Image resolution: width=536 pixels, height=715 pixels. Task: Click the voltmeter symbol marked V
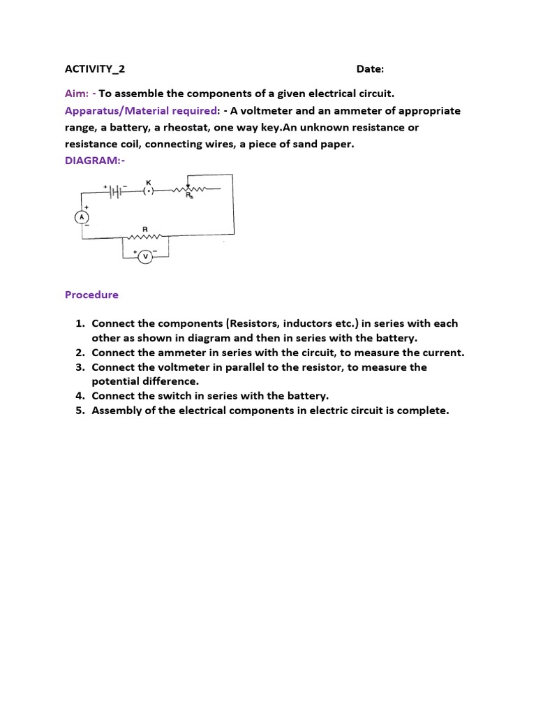tap(145, 257)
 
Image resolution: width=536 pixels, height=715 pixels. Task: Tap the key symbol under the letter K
tap(148, 190)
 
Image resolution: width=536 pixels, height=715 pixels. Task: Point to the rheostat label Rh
tap(189, 197)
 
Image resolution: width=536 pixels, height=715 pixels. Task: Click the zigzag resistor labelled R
tap(145, 236)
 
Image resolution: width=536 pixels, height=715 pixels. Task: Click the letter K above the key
tap(148, 182)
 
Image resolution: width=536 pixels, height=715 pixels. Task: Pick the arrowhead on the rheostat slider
tap(188, 187)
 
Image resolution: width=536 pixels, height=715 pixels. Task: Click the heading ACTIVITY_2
tap(95, 69)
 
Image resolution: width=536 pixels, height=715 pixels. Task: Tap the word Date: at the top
tap(370, 69)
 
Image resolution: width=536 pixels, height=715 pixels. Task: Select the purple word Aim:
tap(77, 94)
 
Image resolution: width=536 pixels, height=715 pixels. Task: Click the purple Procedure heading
tap(91, 295)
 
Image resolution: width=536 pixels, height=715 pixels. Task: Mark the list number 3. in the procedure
tap(80, 367)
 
